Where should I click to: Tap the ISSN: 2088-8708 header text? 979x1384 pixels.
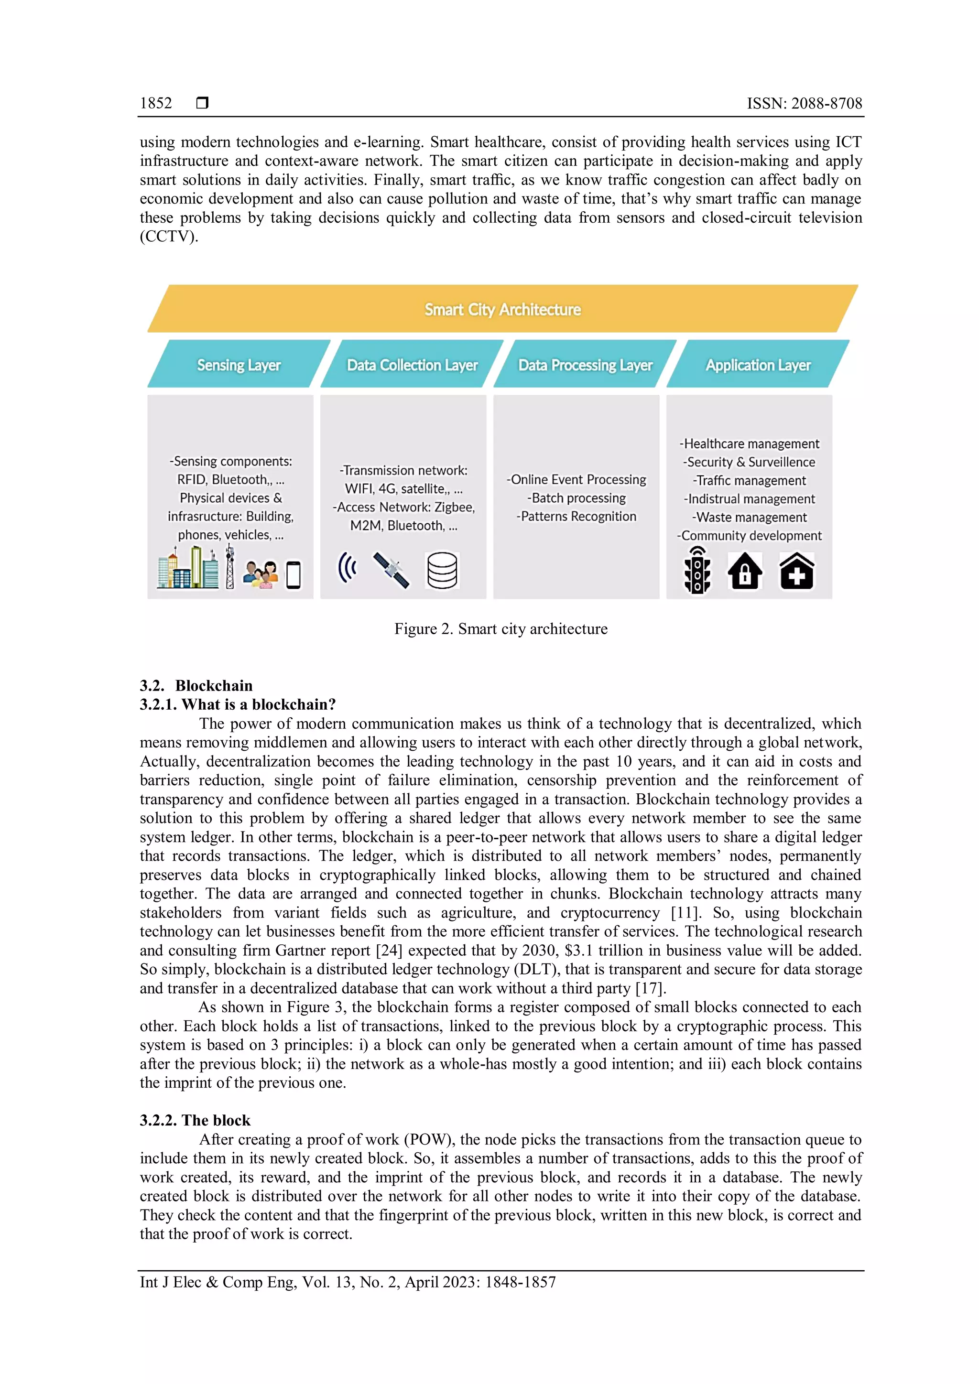pos(804,103)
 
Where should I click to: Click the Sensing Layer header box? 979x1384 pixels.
pos(239,365)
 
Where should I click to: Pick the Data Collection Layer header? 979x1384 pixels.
pos(413,365)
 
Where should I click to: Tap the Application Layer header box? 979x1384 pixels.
pos(758,365)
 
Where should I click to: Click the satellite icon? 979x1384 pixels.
pos(391,570)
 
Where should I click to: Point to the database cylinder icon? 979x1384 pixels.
pos(442,570)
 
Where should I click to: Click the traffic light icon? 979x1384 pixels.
pos(697,570)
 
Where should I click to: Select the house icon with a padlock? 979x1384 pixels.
pos(745,571)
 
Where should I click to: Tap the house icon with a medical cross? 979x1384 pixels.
pos(796,571)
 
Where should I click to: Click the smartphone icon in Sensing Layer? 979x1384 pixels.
pos(294,574)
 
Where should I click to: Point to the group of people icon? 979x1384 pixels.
pos(261,574)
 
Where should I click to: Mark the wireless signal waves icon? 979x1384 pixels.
pos(347,567)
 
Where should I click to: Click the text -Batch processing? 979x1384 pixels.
pos(577,498)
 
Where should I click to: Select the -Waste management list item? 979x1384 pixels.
pos(750,517)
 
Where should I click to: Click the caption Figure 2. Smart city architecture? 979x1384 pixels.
pos(501,629)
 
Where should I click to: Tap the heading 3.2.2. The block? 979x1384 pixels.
pos(195,1120)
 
